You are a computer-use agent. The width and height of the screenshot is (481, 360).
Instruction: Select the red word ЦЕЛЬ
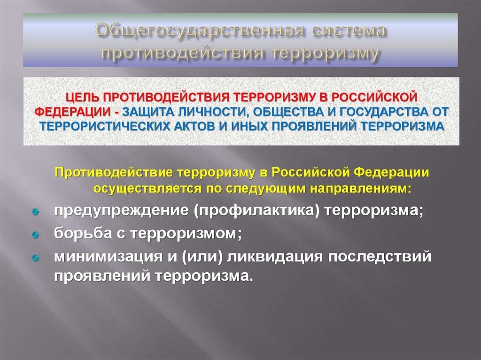point(83,97)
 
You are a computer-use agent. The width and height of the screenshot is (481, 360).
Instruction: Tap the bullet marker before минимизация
point(35,258)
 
